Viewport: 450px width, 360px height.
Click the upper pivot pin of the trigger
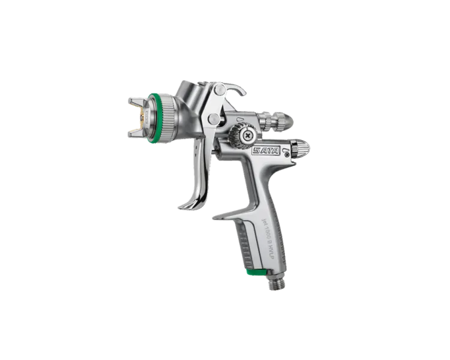pyautogui.click(x=220, y=91)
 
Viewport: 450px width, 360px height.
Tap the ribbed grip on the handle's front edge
pyautogui.click(x=247, y=246)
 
